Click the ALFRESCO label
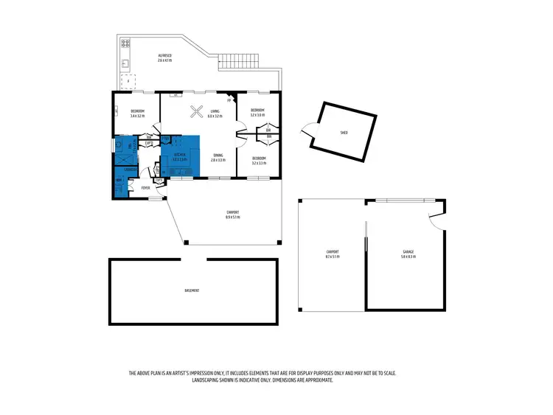pos(164,56)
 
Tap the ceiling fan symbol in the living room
pos(197,111)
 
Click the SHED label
pos(344,133)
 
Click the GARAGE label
pos(408,252)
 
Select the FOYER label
pos(145,189)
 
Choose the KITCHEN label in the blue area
pos(179,155)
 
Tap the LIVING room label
pos(215,111)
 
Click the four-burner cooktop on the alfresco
pos(125,43)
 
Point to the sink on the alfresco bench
pos(125,63)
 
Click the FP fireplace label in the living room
pos(230,100)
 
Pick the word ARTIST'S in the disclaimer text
pos(187,374)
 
